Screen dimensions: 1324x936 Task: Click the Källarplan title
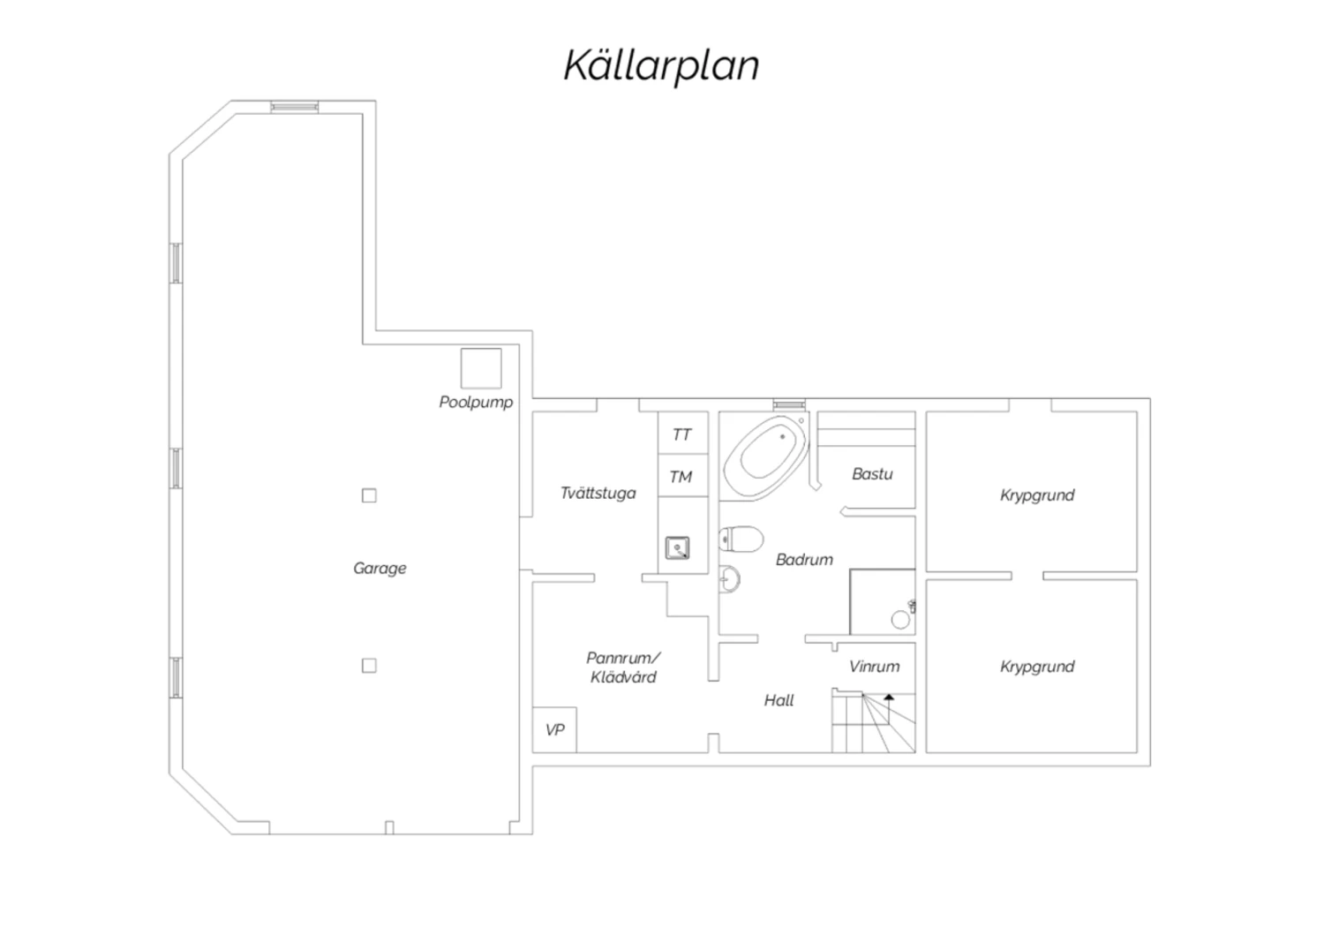[661, 65]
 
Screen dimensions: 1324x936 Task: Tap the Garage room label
[380, 568]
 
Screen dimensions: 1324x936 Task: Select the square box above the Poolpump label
[481, 368]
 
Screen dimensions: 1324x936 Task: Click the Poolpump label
[476, 403]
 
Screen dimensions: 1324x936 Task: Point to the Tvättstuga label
[598, 493]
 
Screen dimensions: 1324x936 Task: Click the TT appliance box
[683, 434]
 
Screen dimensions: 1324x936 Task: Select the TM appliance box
[683, 475]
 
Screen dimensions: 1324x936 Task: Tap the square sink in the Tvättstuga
[677, 547]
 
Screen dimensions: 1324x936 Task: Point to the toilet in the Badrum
[741, 540]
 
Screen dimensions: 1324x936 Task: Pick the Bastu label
[872, 474]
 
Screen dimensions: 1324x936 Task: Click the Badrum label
[804, 559]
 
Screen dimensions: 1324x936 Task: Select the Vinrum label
[874, 667]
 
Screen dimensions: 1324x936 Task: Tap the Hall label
[779, 700]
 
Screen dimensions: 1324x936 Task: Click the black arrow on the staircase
[888, 697]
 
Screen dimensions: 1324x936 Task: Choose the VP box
[554, 729]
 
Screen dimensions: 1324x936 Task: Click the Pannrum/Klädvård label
[623, 668]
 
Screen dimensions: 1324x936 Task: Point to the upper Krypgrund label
[1037, 495]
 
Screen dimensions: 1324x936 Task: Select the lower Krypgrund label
[1037, 667]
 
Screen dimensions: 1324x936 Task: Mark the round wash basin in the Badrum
[730, 579]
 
